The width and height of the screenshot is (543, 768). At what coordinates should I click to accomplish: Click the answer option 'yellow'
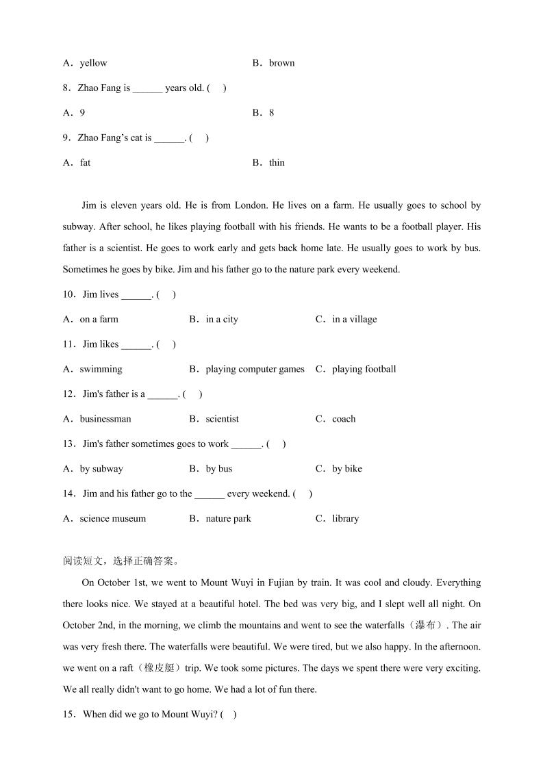coord(93,63)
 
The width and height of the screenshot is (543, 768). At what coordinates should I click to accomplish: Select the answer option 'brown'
coord(281,63)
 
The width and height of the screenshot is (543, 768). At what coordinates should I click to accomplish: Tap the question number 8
coord(66,88)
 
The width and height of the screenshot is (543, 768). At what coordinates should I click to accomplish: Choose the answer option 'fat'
coord(85,163)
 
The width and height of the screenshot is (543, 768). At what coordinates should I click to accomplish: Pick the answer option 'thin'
coord(277,163)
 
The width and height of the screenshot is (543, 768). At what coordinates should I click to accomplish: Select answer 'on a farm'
coord(99,320)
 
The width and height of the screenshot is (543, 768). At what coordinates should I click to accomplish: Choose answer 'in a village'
coord(354,320)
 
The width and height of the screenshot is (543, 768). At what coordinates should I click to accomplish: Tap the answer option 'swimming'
coord(101,370)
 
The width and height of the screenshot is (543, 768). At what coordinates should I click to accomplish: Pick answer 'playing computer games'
coord(255,370)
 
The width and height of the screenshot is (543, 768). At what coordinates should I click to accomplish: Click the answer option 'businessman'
coord(105,419)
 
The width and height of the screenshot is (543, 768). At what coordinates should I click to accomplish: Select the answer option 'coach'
coord(344,419)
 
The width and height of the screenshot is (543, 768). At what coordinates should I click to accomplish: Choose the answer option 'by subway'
coord(101,469)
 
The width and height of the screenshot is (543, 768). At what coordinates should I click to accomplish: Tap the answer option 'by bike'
coord(347,469)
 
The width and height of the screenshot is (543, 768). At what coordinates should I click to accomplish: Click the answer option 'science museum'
coord(113,519)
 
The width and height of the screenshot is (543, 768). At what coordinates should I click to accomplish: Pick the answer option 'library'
coord(345,519)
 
